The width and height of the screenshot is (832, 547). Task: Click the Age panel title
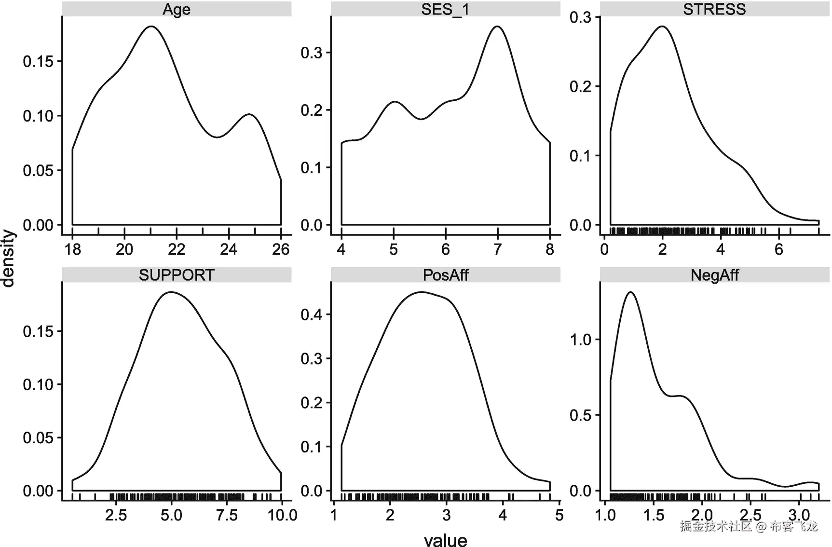(x=177, y=10)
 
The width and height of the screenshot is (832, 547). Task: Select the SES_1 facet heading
(x=445, y=10)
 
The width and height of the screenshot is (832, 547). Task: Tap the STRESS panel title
(x=714, y=10)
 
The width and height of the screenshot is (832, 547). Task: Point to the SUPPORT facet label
(x=177, y=275)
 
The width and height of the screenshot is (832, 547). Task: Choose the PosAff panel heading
(x=445, y=275)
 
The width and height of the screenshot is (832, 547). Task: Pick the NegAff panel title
(x=714, y=275)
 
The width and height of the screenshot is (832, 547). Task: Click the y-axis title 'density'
(x=9, y=258)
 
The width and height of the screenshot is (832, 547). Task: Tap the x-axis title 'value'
(x=445, y=540)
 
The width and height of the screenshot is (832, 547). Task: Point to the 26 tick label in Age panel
(x=281, y=249)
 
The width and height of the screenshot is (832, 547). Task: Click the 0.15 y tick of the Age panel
(x=38, y=61)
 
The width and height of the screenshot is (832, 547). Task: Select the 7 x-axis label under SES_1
(x=498, y=249)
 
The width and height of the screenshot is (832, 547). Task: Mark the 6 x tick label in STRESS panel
(x=778, y=249)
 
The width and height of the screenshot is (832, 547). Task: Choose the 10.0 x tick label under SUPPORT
(x=282, y=515)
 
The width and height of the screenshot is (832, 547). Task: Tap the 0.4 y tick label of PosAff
(x=312, y=315)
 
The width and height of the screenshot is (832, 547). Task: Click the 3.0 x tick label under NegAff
(x=799, y=515)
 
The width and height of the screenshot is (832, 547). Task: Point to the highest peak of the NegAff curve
(x=630, y=292)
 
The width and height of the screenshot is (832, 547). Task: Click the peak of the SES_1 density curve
(x=497, y=27)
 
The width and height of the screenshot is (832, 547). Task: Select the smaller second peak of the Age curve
(x=249, y=114)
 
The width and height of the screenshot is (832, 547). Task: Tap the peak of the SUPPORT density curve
(x=171, y=292)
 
